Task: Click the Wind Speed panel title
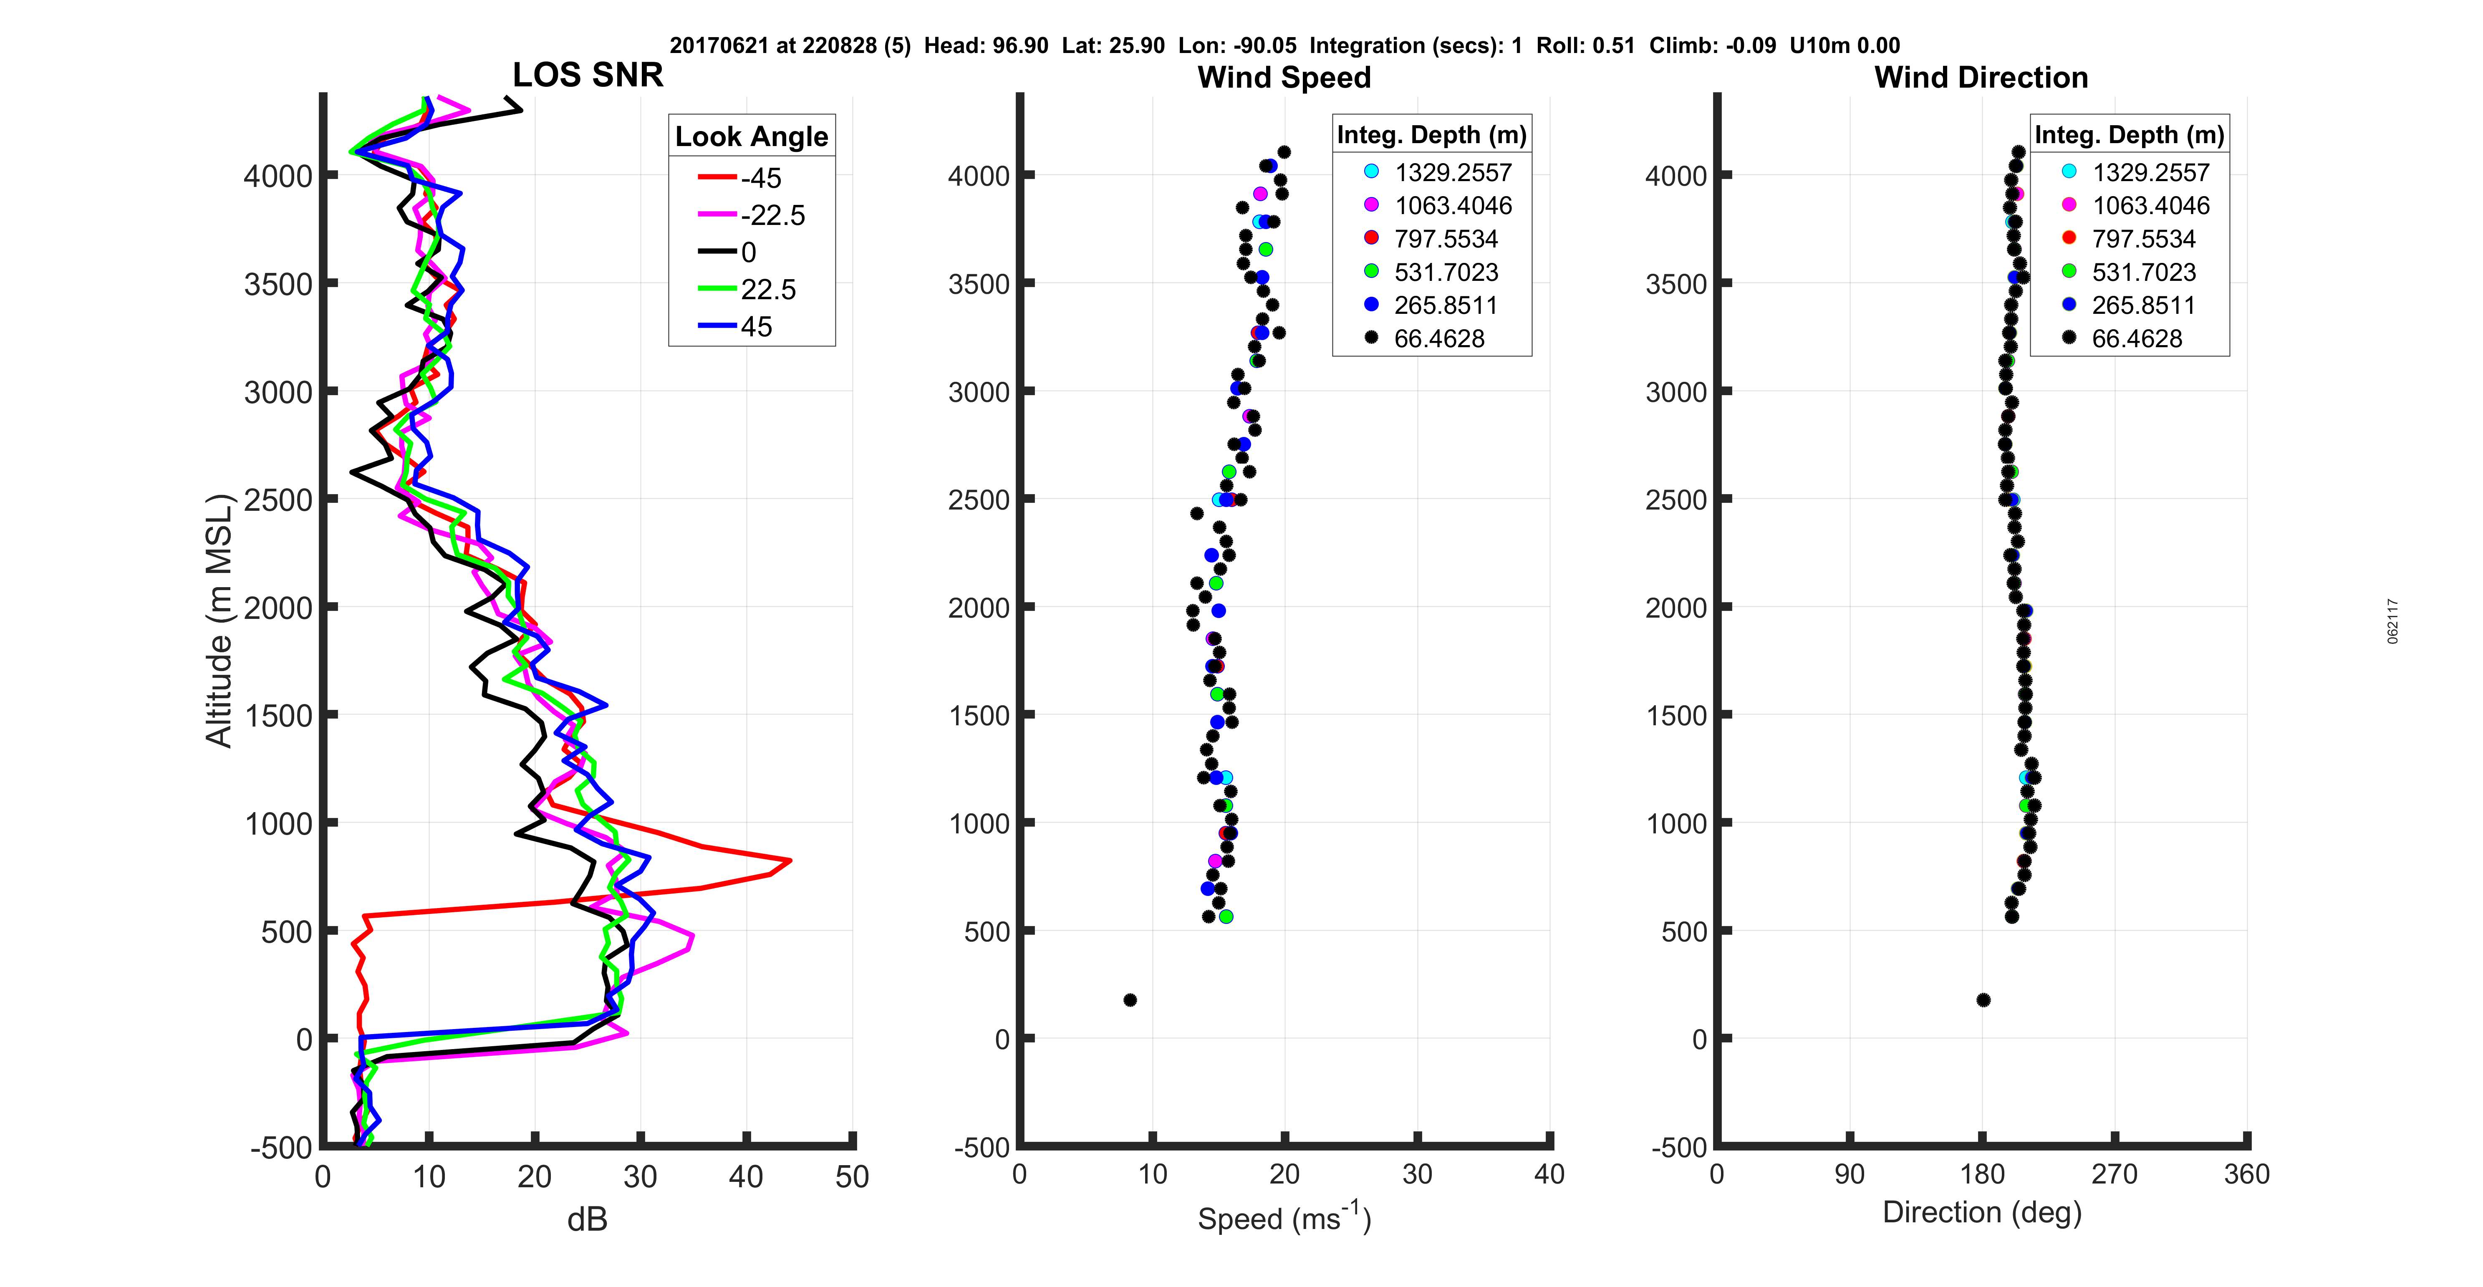click(x=1284, y=77)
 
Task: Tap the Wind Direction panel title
click(x=1981, y=77)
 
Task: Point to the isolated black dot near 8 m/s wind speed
click(x=1130, y=1000)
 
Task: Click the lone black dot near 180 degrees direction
click(x=1983, y=1000)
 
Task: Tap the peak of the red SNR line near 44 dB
click(x=790, y=860)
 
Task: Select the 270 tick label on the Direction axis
click(x=2115, y=1174)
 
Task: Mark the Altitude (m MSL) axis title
click(x=220, y=620)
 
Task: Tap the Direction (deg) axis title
click(x=1982, y=1213)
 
